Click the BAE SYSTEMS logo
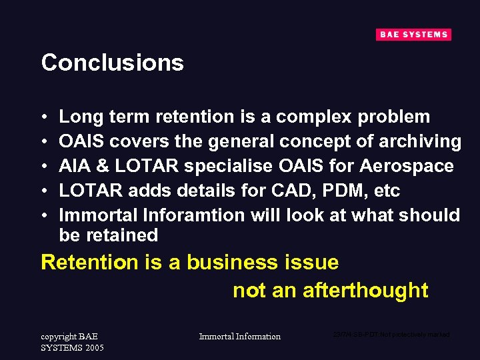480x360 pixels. [x=413, y=35]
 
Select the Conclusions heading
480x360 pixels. [x=112, y=63]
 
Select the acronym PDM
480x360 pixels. [x=346, y=191]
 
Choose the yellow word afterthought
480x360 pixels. [x=365, y=291]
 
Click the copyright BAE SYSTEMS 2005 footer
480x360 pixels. [x=72, y=342]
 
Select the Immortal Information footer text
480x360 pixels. [x=240, y=337]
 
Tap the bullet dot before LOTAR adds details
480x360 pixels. [x=44, y=191]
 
